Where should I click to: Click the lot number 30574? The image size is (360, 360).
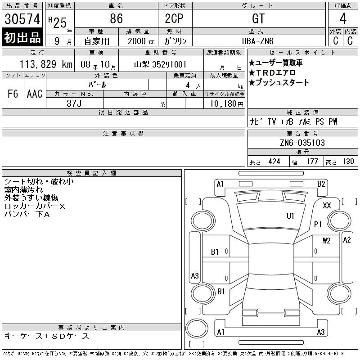point(22,19)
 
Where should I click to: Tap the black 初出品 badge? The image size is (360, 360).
point(22,37)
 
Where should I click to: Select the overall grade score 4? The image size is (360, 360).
point(343,18)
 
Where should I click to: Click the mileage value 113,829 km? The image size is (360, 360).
point(46,64)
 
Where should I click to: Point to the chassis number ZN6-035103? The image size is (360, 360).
point(302,143)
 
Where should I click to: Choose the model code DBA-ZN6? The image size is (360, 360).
point(258,41)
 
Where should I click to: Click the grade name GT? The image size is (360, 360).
point(258,18)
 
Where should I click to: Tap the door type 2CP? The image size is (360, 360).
point(174,18)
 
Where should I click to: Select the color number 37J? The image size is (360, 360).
point(74,103)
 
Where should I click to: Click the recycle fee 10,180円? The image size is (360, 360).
point(227,104)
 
